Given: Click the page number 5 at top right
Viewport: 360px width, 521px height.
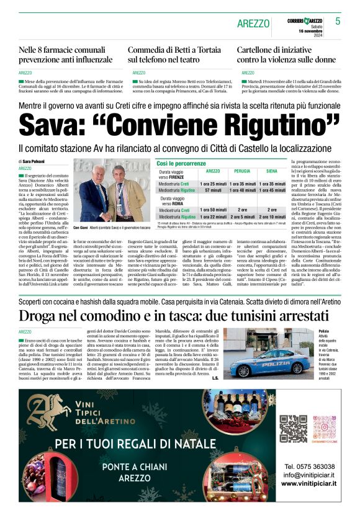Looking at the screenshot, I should [338, 21].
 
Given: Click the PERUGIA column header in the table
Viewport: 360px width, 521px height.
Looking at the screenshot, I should [242, 171].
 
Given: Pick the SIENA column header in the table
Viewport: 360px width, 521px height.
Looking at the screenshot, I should [272, 171].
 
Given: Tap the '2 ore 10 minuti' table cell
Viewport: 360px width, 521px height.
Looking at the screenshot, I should [272, 217].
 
